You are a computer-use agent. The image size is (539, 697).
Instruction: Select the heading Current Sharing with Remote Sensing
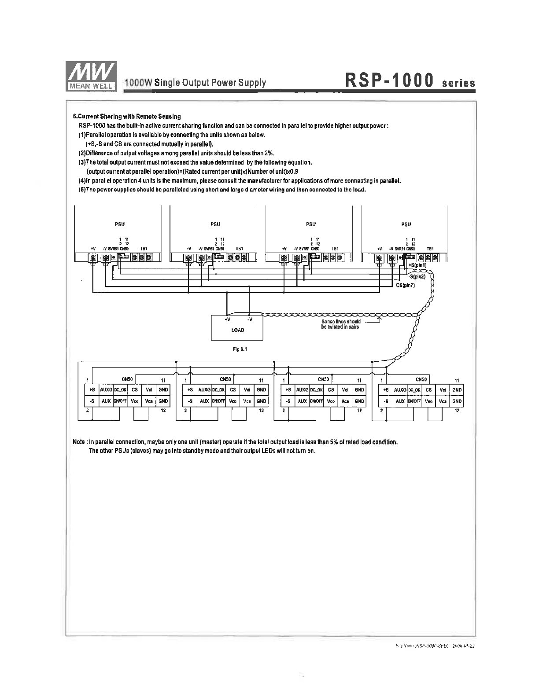click(127, 117)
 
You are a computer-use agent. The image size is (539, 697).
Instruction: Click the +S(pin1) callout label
click(417, 265)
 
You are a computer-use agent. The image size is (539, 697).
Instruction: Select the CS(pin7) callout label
click(405, 285)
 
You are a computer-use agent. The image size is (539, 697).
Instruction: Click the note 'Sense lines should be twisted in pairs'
click(341, 324)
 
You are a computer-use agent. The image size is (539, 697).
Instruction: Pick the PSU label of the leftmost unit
click(120, 224)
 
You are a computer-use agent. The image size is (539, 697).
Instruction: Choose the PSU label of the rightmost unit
click(406, 224)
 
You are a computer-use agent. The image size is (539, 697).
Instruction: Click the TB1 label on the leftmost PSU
click(144, 249)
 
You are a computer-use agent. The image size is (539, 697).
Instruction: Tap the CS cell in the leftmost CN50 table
click(135, 389)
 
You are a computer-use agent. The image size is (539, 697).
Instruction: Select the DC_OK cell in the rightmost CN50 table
click(414, 389)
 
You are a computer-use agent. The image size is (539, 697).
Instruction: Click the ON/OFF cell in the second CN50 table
click(218, 401)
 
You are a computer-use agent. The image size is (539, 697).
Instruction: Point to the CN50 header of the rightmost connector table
click(421, 379)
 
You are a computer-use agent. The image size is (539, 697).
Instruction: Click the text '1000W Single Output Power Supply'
click(196, 83)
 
